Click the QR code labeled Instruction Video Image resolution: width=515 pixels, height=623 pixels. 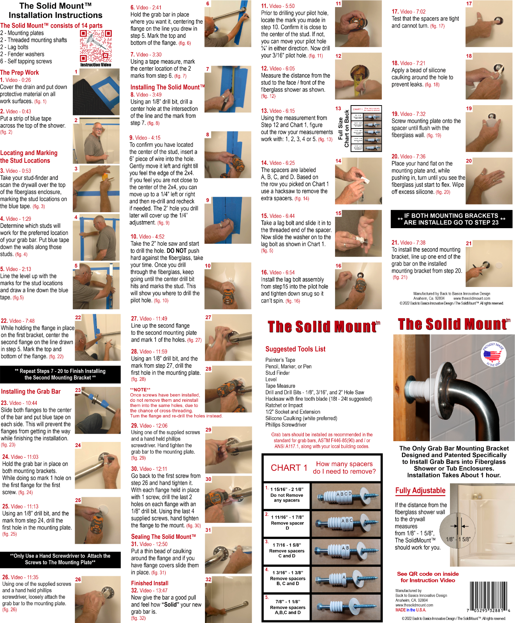click(95, 46)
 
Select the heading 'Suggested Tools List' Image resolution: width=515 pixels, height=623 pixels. click(295, 349)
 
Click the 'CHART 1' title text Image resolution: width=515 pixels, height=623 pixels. click(289, 468)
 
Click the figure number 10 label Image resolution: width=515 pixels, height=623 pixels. click(208, 266)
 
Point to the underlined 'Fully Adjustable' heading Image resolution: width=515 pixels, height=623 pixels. click(420, 491)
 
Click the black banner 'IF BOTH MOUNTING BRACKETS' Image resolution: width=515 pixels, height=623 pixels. click(451, 219)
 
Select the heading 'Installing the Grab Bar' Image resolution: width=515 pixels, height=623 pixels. click(31, 392)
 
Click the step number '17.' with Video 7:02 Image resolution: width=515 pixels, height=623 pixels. click(395, 12)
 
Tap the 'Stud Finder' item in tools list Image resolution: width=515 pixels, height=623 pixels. click(277, 373)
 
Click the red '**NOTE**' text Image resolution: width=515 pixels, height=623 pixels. click(140, 389)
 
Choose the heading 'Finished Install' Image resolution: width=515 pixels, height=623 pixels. click(150, 583)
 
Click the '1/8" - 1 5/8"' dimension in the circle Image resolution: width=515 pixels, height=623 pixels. click(458, 539)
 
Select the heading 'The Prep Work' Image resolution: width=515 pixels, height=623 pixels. click(19, 72)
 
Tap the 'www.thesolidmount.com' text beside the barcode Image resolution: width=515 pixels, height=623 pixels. click(414, 605)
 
